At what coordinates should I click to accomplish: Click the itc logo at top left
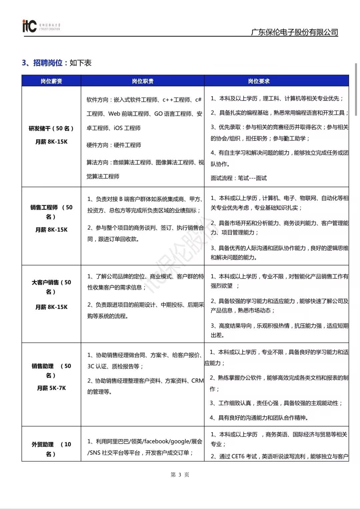29,26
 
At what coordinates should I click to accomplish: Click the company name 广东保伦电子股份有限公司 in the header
294,32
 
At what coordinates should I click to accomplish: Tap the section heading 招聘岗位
48,63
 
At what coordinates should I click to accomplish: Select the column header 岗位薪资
51,81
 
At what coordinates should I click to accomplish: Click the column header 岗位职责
143,81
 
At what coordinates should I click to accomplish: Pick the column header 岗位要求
259,81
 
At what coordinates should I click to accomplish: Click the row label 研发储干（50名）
51,128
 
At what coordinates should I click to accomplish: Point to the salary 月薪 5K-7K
51,388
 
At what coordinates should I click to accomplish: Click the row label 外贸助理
43,444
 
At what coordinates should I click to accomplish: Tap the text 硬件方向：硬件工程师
114,145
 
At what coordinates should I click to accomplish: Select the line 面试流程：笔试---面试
239,178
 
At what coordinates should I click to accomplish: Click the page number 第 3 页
180,475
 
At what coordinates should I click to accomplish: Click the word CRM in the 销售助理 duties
197,381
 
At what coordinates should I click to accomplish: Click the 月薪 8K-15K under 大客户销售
51,307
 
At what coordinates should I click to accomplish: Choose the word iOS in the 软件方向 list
118,128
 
